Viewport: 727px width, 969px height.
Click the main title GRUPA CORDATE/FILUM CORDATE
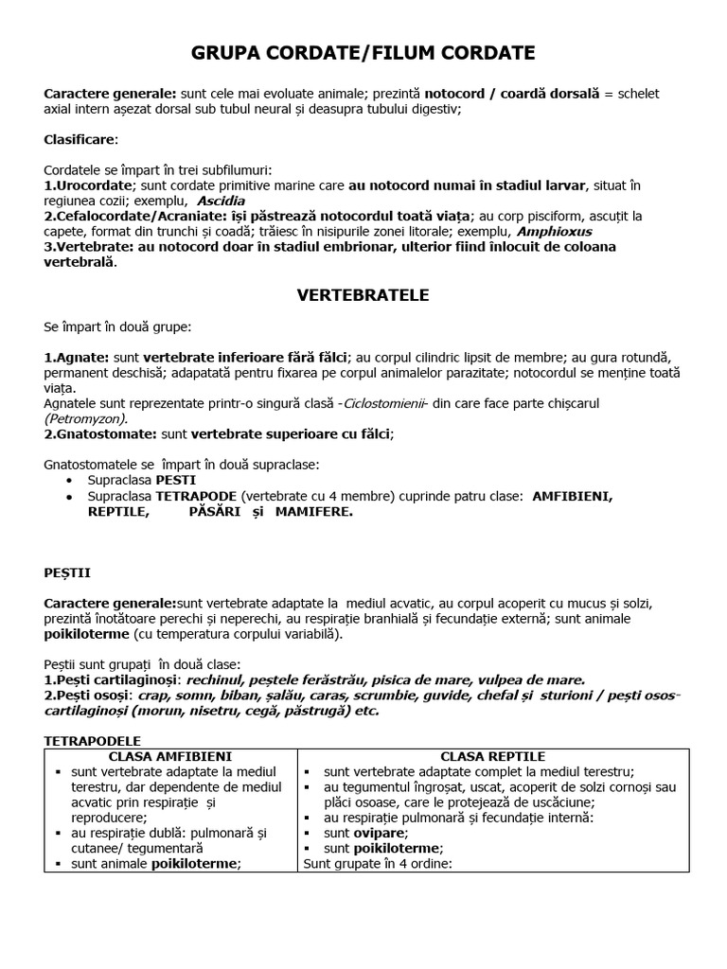click(x=363, y=52)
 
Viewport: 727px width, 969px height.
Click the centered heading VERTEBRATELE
click(x=363, y=295)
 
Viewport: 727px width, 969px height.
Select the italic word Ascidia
click(x=221, y=201)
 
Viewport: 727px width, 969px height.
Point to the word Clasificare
click(x=81, y=139)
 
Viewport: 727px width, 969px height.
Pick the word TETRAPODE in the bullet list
click(x=196, y=496)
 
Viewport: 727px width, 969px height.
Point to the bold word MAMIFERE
click(x=313, y=511)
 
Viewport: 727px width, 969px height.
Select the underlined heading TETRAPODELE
click(x=93, y=741)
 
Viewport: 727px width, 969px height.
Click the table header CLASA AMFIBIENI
click(x=170, y=756)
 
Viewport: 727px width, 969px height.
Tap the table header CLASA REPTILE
click(x=493, y=756)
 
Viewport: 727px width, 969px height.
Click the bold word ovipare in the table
click(x=380, y=833)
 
